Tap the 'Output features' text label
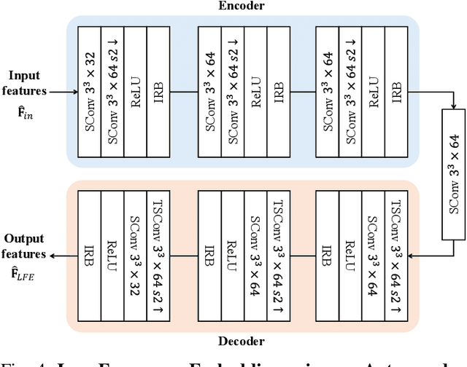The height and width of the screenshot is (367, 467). (26, 246)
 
